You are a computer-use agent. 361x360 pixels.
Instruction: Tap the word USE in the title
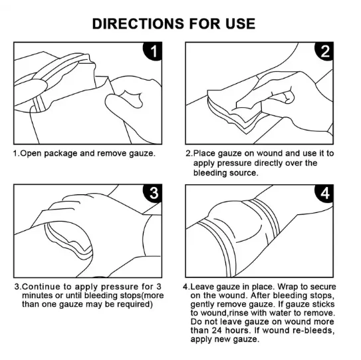click(x=239, y=23)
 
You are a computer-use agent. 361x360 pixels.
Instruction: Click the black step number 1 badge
click(x=152, y=52)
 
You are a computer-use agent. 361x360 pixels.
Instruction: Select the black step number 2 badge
click(x=325, y=52)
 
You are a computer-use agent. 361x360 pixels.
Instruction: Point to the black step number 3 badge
click(x=152, y=194)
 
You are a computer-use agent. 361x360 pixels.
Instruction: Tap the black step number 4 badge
click(x=325, y=194)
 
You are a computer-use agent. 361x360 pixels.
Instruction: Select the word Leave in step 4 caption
click(x=203, y=287)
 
